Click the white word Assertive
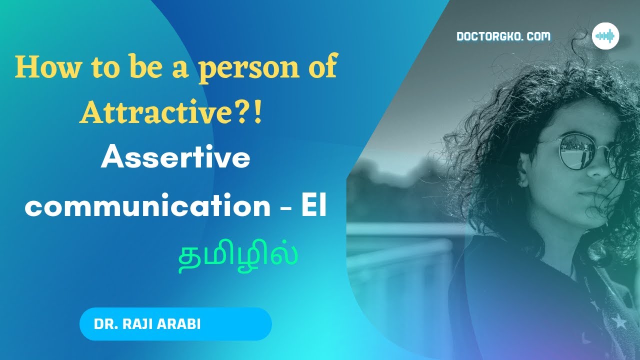coord(175,159)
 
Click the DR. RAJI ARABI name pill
coord(175,324)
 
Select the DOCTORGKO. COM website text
coord(503,36)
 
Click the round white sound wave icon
coord(605,36)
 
